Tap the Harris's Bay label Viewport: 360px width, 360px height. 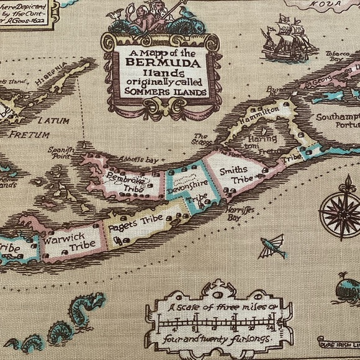click(x=233, y=214)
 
